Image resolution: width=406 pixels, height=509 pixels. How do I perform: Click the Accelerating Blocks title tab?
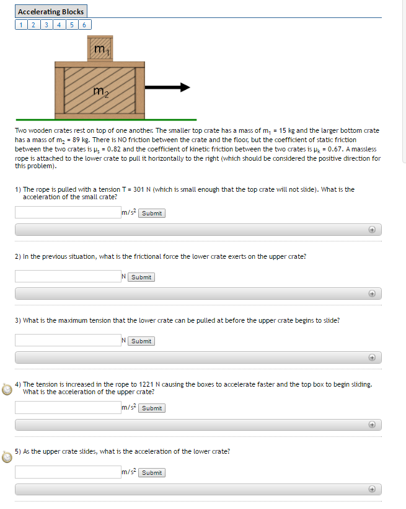pyautogui.click(x=51, y=12)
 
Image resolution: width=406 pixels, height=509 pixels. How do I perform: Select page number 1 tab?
pyautogui.click(x=21, y=25)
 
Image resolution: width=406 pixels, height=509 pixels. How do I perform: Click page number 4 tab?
pyautogui.click(x=59, y=25)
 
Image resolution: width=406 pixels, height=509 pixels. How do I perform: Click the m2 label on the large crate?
pyautogui.click(x=100, y=92)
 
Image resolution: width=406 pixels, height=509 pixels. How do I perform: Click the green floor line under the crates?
pyautogui.click(x=106, y=119)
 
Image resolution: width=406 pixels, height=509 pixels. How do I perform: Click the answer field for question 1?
pyautogui.click(x=68, y=213)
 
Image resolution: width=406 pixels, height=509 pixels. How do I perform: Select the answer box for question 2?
pyautogui.click(x=68, y=277)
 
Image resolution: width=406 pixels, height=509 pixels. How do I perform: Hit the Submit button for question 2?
pyautogui.click(x=141, y=277)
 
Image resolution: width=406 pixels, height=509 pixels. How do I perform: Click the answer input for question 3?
pyautogui.click(x=68, y=340)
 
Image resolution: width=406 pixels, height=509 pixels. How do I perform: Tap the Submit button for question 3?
pyautogui.click(x=141, y=341)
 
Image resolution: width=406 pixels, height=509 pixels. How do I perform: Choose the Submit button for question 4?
pyautogui.click(x=152, y=408)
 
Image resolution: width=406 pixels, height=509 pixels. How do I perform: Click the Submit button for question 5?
pyautogui.click(x=152, y=472)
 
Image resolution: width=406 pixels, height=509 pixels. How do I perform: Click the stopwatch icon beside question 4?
pyautogui.click(x=7, y=389)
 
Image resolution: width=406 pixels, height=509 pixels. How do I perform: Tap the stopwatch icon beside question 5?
pyautogui.click(x=7, y=457)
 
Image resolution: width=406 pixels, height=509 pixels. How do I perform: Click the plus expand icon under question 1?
pyautogui.click(x=372, y=230)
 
